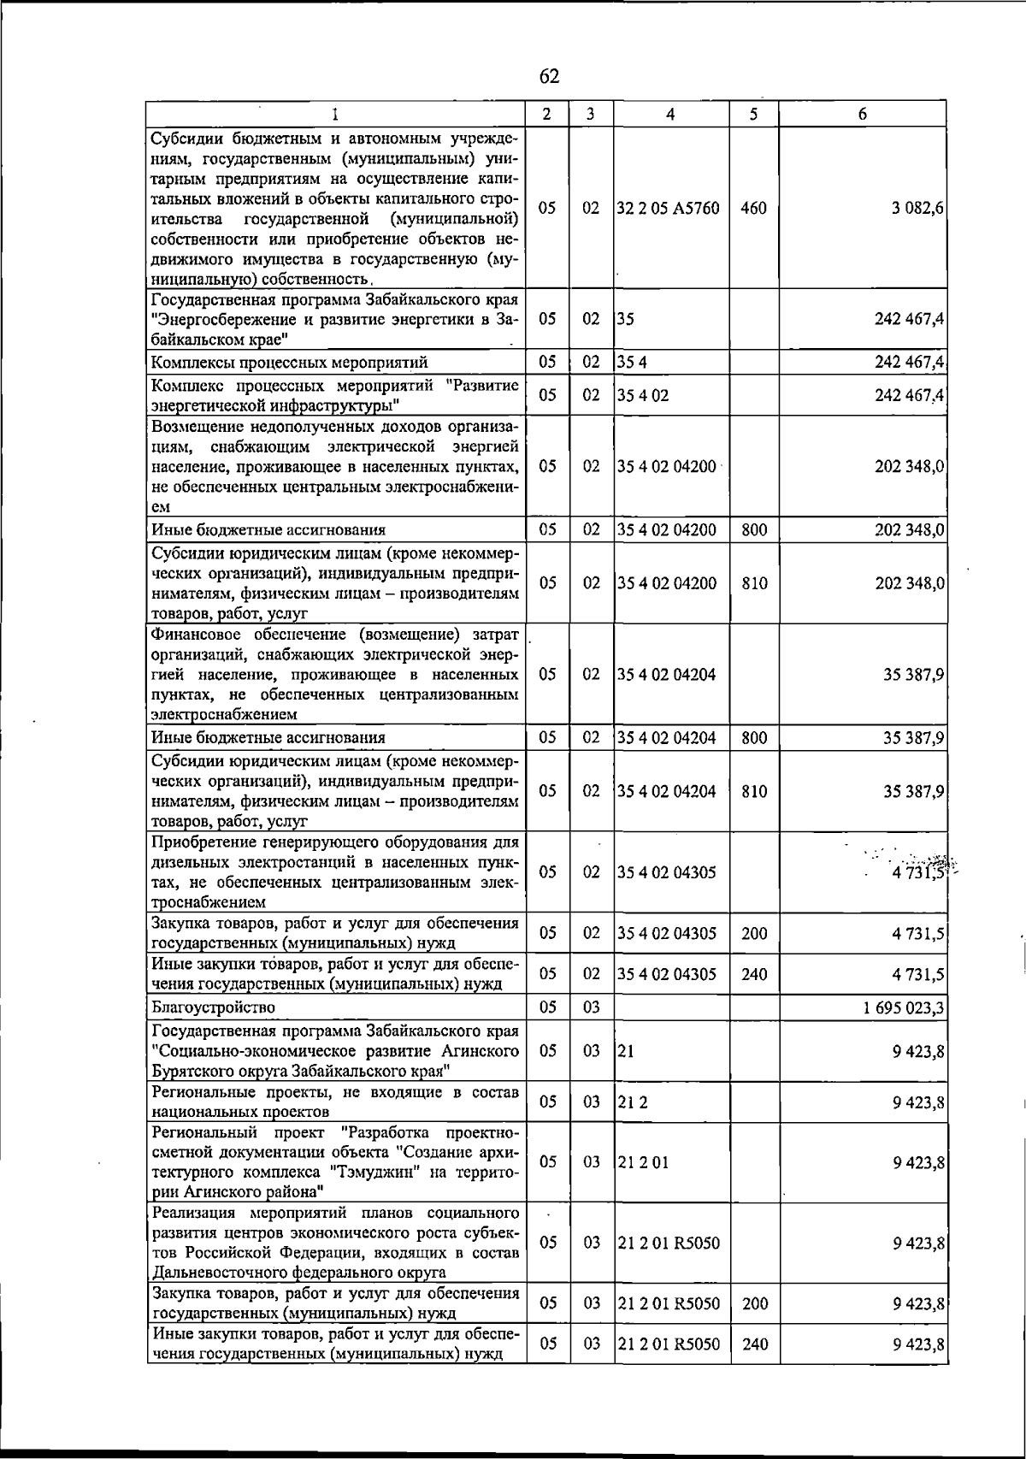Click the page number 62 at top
click(549, 76)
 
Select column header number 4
click(671, 114)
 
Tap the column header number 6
click(863, 114)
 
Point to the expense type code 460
click(753, 209)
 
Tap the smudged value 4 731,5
click(918, 872)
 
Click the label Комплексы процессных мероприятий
click(289, 363)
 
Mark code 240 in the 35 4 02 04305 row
click(753, 974)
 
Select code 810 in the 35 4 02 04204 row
click(753, 791)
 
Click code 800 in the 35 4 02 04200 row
click(753, 530)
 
